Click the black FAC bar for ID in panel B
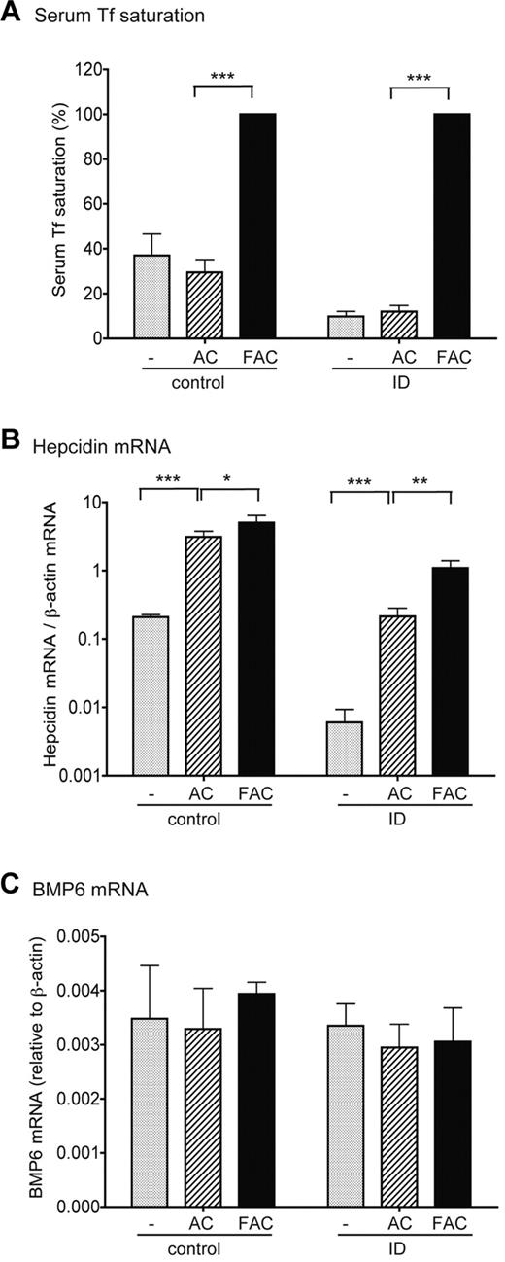click(450, 671)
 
